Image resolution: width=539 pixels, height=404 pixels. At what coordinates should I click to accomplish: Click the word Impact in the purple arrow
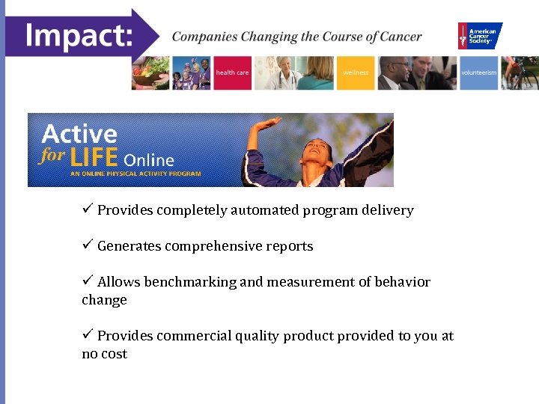pos(78,34)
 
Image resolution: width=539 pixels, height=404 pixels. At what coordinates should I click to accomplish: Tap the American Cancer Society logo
pos(480,36)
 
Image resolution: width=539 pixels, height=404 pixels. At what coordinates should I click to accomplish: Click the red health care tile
pos(232,73)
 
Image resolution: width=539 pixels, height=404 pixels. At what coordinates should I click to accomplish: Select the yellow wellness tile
pos(356,73)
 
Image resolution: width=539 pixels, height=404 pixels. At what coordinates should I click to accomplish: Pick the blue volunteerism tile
pos(478,73)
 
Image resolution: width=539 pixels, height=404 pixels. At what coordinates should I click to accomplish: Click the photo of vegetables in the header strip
pos(150,73)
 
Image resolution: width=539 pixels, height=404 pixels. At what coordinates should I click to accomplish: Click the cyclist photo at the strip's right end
pos(520,73)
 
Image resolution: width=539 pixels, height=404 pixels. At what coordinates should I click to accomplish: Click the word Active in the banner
pos(79,135)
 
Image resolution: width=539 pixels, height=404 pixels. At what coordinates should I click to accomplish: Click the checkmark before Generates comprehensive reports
pos(88,245)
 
